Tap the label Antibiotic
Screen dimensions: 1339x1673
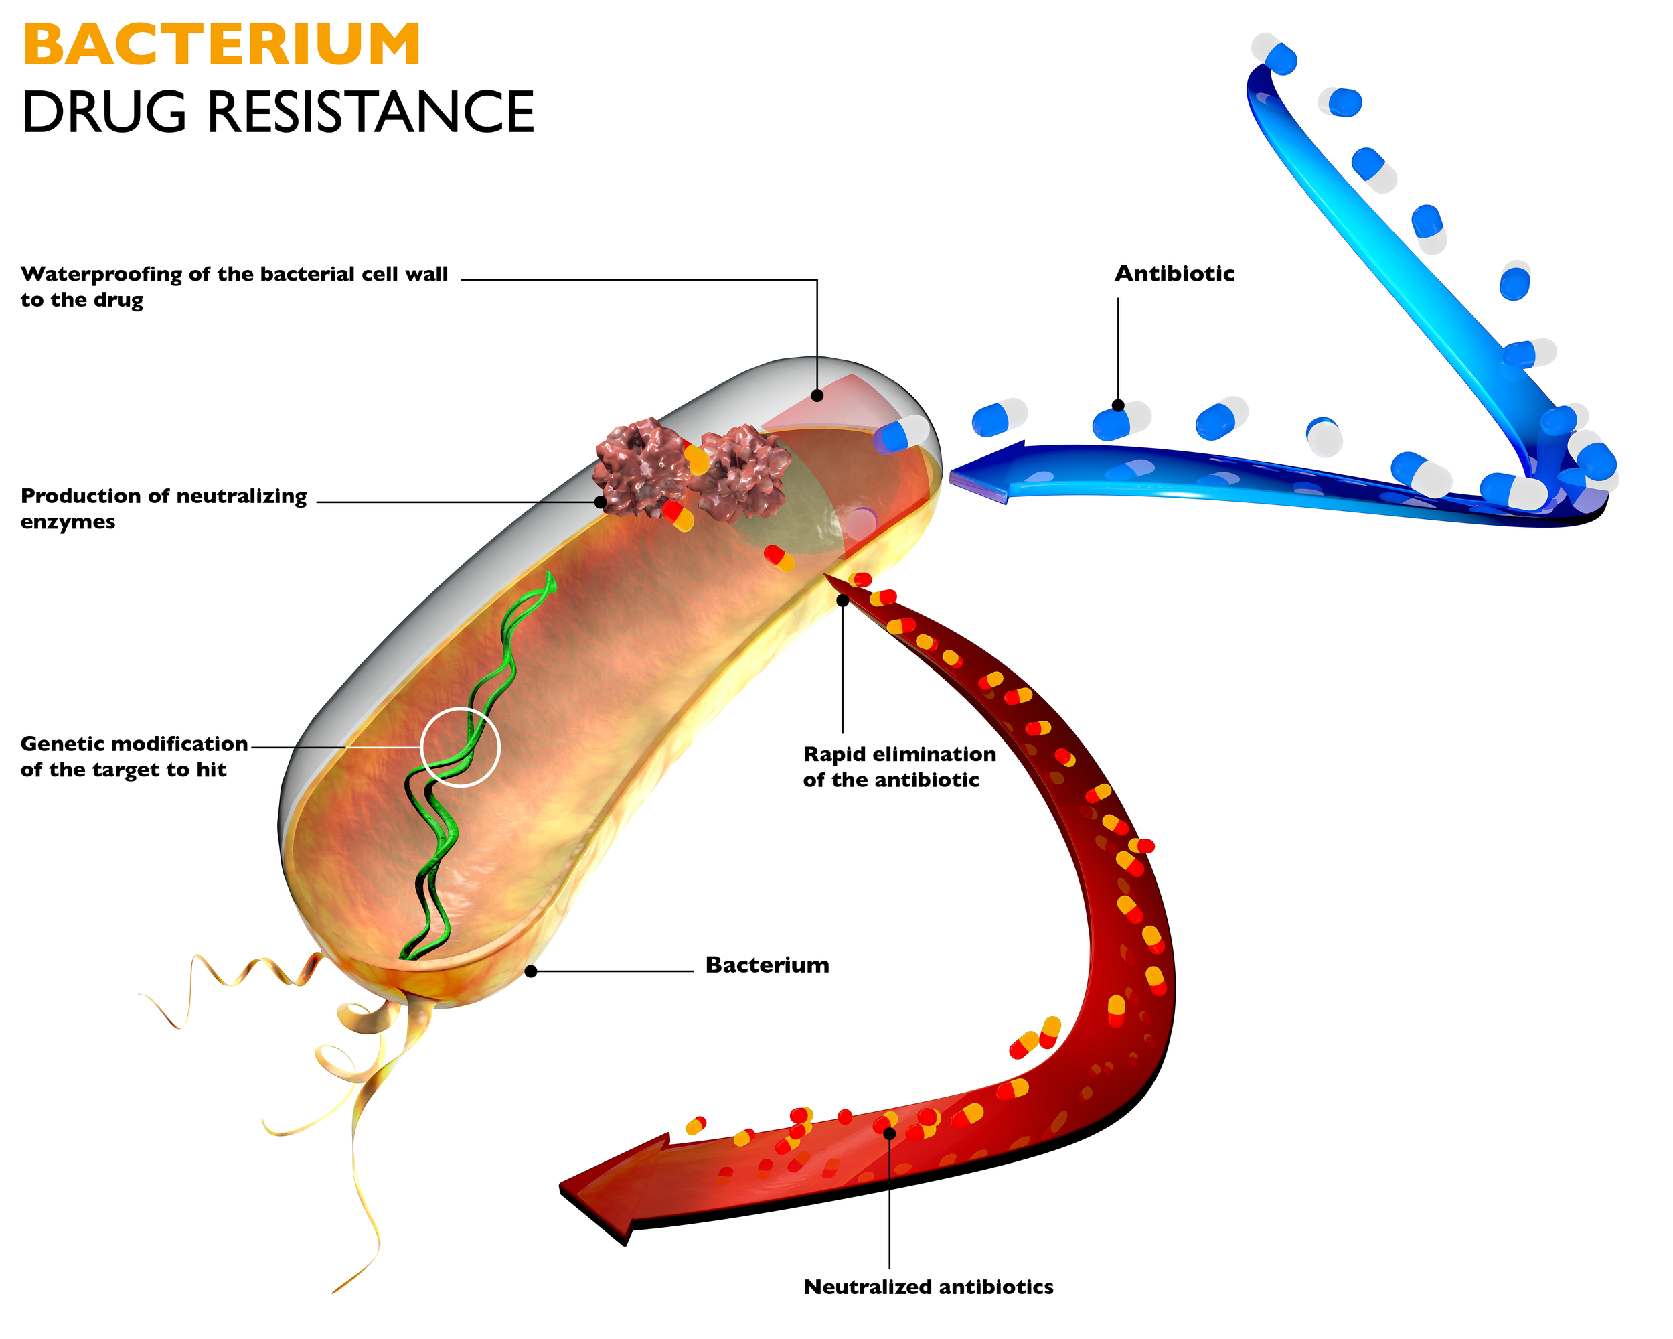point(1174,274)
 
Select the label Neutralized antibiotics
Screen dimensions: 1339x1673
point(928,1287)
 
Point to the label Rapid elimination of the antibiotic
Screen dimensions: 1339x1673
point(898,767)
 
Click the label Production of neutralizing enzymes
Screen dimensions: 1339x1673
point(163,508)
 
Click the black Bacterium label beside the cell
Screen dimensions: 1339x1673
point(767,965)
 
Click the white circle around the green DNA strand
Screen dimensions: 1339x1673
point(460,748)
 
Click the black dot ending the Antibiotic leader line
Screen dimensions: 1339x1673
point(1118,405)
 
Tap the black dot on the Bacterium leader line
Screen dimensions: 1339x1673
point(531,971)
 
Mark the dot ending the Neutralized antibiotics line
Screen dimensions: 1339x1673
point(889,1134)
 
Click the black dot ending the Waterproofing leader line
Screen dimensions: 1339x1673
point(817,396)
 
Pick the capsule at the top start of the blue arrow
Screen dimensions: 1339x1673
point(1274,54)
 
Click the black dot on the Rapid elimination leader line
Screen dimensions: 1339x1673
point(843,600)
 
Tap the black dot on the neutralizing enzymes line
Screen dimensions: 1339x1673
point(601,502)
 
